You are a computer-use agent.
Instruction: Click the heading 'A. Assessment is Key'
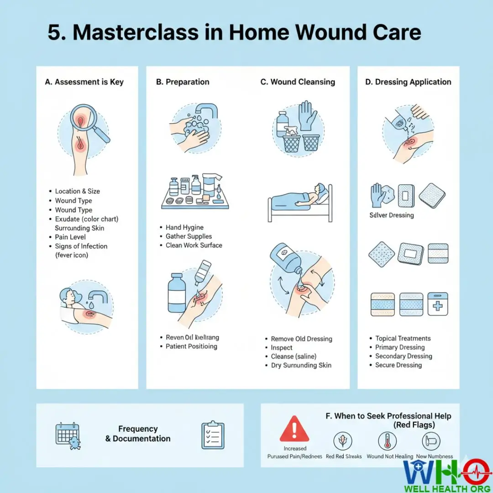(84, 82)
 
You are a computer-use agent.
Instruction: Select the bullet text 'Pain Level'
(70, 237)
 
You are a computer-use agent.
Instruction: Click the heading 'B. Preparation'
(183, 82)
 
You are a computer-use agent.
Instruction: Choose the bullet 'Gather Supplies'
(189, 236)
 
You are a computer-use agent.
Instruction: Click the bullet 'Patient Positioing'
(191, 346)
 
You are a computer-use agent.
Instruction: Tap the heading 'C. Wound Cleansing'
(298, 82)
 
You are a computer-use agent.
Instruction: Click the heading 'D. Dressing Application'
(408, 82)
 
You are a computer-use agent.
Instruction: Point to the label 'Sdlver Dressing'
(392, 215)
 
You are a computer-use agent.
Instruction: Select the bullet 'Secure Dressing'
(398, 365)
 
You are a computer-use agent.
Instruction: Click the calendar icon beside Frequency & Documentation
(68, 435)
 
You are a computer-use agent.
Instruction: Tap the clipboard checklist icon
(213, 435)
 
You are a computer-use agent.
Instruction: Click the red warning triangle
(294, 430)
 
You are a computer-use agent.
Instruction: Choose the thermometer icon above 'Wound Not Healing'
(388, 441)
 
